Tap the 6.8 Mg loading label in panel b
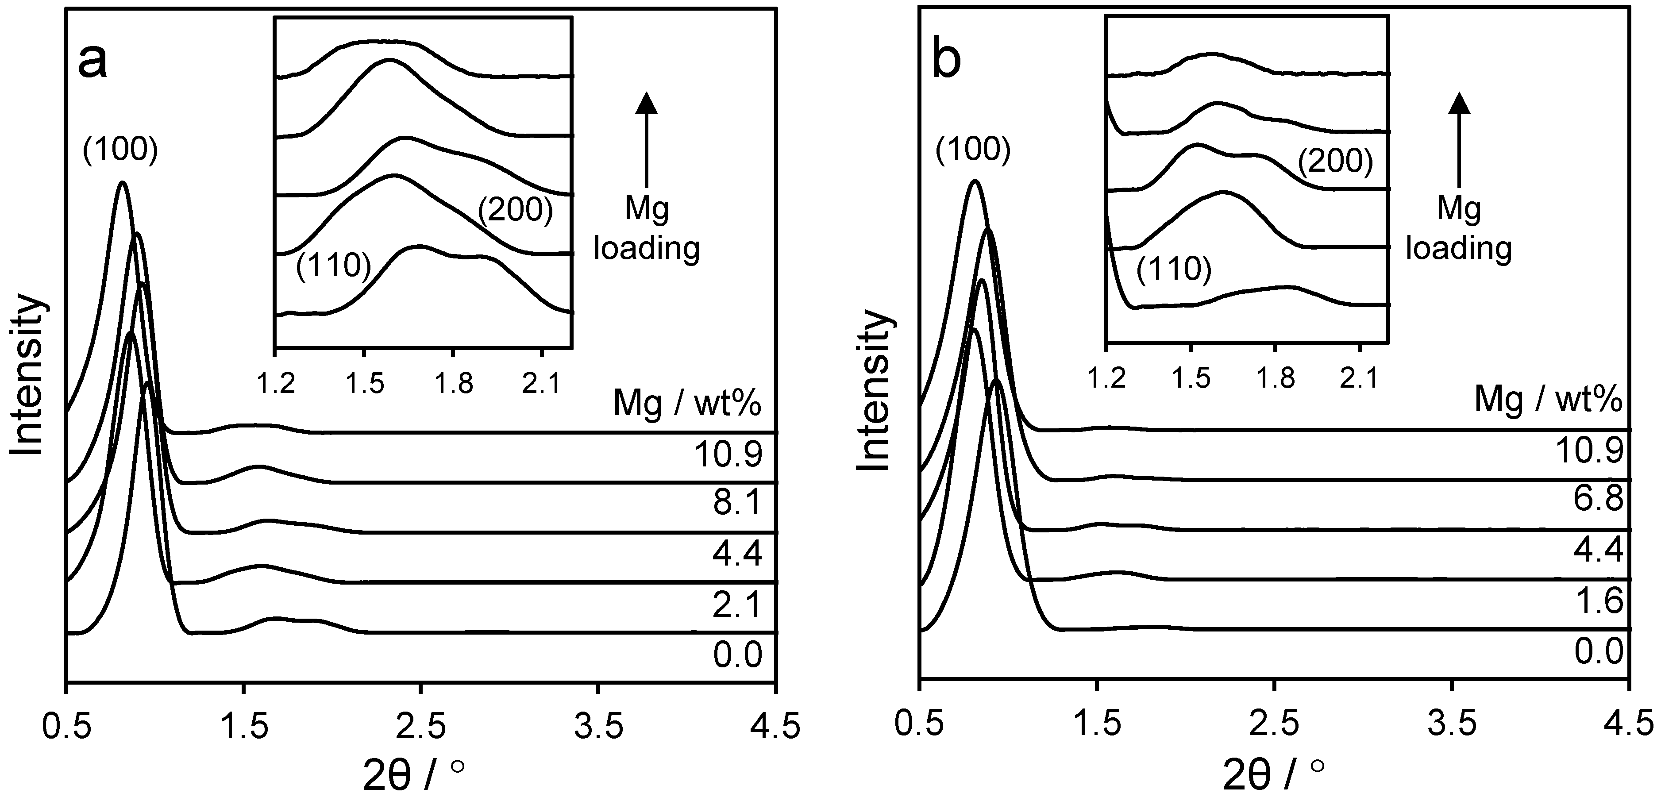1599,498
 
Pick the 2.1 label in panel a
737,605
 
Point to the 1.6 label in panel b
1599,601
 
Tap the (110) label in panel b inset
1174,269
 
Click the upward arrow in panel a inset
646,138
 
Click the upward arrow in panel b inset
1459,138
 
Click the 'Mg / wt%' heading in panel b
1548,400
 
